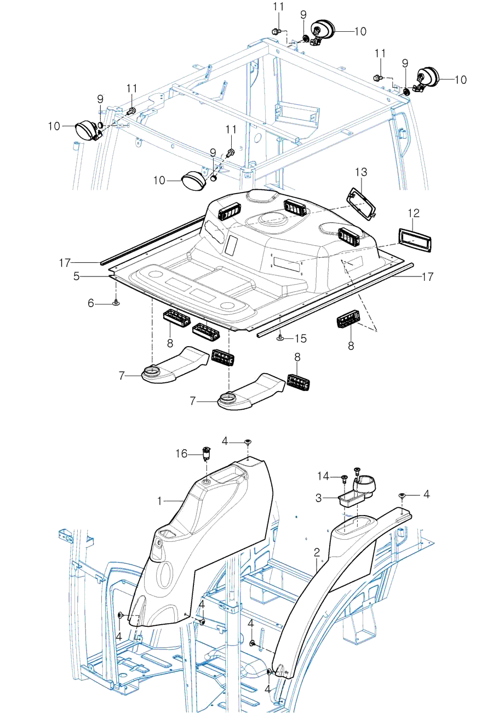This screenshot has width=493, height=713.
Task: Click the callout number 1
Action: [x=160, y=501]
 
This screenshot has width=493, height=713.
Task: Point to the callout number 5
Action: [x=77, y=277]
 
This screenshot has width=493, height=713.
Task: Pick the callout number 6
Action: [x=91, y=302]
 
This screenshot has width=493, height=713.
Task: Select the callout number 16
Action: [x=181, y=454]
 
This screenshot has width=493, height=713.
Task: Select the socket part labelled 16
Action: [x=207, y=452]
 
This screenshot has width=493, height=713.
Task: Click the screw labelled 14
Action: [x=344, y=478]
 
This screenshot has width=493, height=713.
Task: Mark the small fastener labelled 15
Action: [x=280, y=338]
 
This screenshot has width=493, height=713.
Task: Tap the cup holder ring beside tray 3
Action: [x=365, y=484]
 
